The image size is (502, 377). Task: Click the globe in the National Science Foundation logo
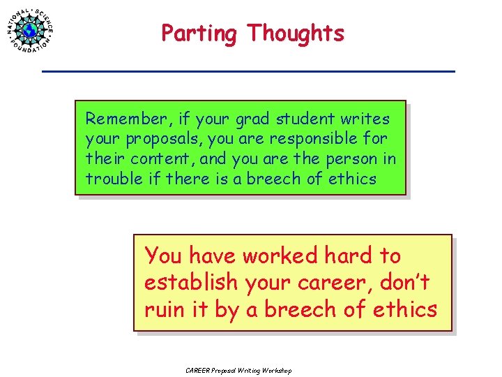pos(30,30)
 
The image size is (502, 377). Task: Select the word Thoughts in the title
pos(296,33)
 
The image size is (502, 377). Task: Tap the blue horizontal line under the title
pos(248,71)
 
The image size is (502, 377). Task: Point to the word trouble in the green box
pos(114,178)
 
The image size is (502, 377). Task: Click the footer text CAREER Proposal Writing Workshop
pos(238,370)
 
